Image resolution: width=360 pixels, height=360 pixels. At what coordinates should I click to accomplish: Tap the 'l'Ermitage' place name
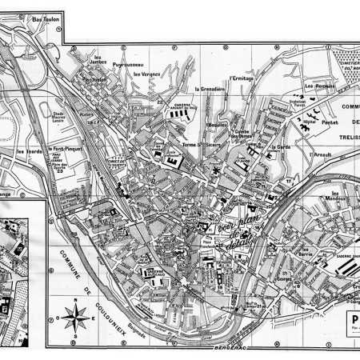241,78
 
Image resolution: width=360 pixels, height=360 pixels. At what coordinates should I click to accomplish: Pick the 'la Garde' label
280,147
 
